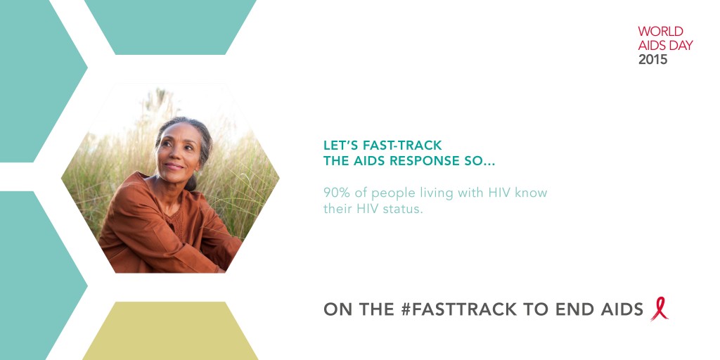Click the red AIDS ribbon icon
[x=659, y=309]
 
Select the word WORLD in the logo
[x=660, y=32]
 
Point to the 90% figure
[x=336, y=193]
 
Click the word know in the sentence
[x=532, y=193]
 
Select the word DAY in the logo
[x=679, y=45]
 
